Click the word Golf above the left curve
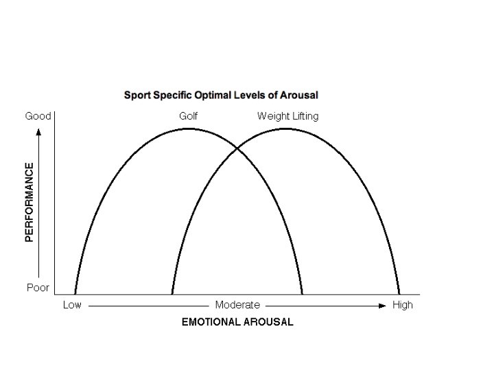click(189, 116)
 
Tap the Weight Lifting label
click(287, 116)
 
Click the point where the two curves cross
click(237, 148)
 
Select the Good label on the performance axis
click(38, 116)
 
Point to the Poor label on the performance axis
click(38, 288)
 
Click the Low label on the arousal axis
click(72, 305)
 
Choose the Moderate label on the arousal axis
click(237, 305)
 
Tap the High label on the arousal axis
click(403, 305)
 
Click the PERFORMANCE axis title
click(30, 202)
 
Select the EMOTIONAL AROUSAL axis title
click(237, 322)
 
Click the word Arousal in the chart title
click(299, 95)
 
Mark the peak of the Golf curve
click(189, 128)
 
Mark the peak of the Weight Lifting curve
click(285, 128)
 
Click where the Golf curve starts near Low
click(75, 293)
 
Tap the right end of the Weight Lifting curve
click(399, 293)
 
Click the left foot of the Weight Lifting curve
click(172, 293)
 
